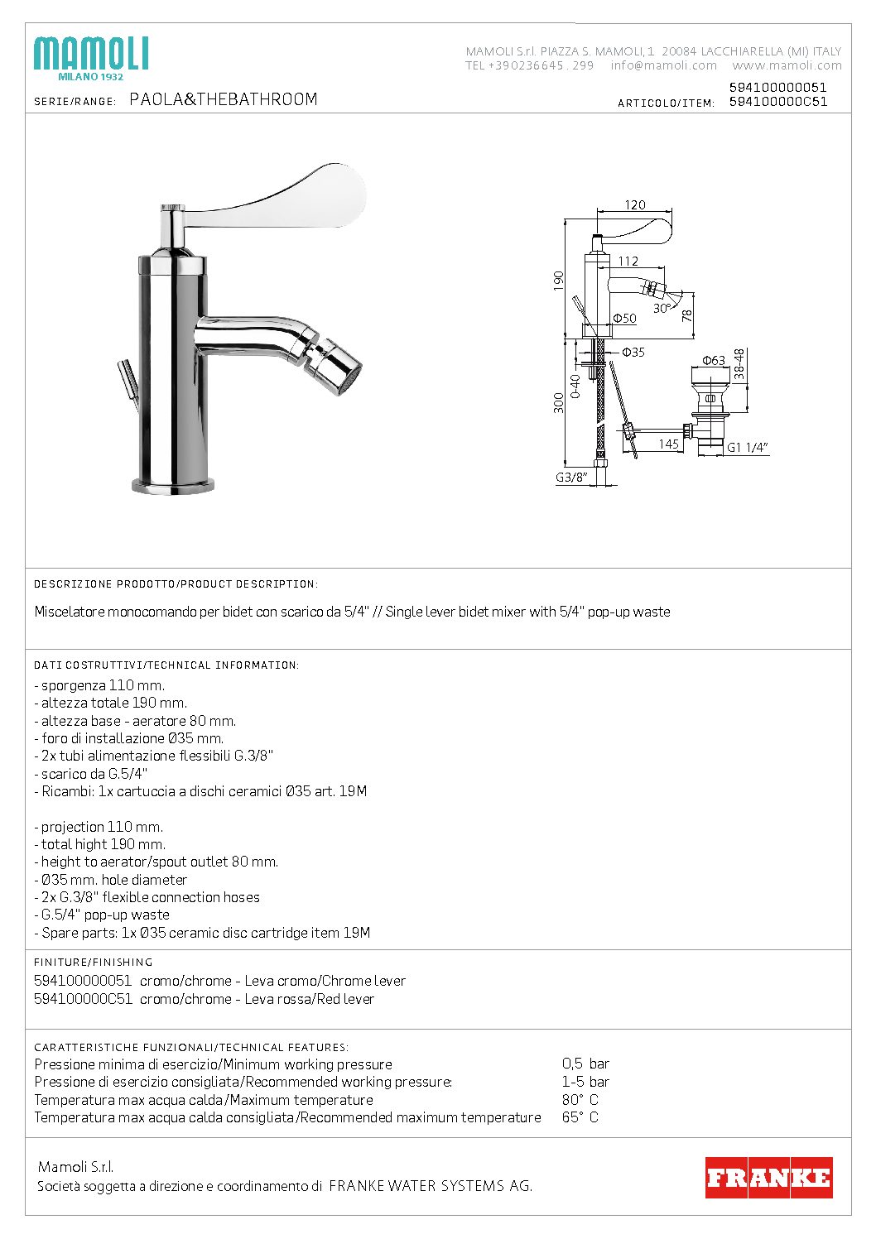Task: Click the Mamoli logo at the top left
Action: coord(90,57)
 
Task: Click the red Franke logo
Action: coord(768,1178)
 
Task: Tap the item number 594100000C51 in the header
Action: coord(777,102)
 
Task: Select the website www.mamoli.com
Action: coord(786,65)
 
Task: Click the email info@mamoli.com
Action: coord(663,65)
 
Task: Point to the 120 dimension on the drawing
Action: coord(635,205)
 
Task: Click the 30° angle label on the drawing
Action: coord(662,308)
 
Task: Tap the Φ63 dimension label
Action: coord(713,360)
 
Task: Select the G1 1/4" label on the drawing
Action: coord(747,448)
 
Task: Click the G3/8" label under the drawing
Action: coord(571,478)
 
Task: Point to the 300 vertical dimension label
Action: coord(559,402)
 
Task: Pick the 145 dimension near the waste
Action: coord(668,444)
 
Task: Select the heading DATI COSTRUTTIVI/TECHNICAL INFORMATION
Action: coord(166,665)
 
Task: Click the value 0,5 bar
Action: coord(585,1064)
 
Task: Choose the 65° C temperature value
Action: coord(580,1117)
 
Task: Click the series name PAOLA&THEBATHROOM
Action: coord(224,100)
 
